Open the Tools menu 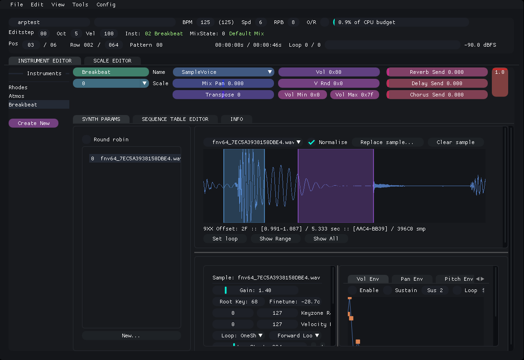pyautogui.click(x=80, y=5)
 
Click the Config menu pyautogui.click(x=106, y=5)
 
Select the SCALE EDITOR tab pyautogui.click(x=112, y=61)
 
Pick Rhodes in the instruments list pyautogui.click(x=18, y=87)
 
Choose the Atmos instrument pyautogui.click(x=17, y=96)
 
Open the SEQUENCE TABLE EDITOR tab pyautogui.click(x=175, y=119)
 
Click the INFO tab pyautogui.click(x=236, y=119)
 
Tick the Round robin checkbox pyautogui.click(x=87, y=139)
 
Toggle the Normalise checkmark pyautogui.click(x=312, y=142)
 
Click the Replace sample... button pyautogui.click(x=387, y=142)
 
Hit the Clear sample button pyautogui.click(x=455, y=142)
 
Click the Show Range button pyautogui.click(x=275, y=239)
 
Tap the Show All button pyautogui.click(x=326, y=239)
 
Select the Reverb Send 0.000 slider pyautogui.click(x=437, y=72)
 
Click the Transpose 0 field pyautogui.click(x=223, y=95)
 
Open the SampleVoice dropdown pyautogui.click(x=223, y=72)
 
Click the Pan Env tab pyautogui.click(x=411, y=279)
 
